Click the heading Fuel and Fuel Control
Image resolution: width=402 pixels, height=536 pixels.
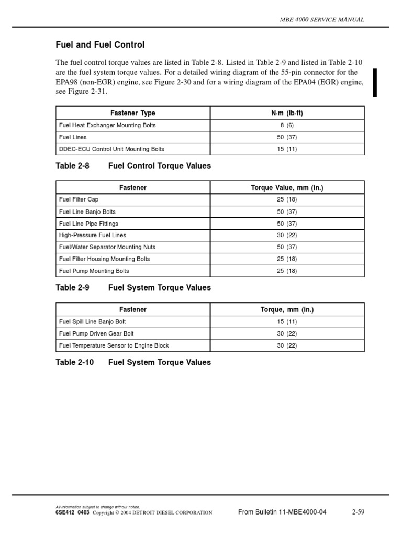pyautogui.click(x=100, y=45)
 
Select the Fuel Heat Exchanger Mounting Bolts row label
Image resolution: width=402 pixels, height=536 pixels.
pyautogui.click(x=107, y=126)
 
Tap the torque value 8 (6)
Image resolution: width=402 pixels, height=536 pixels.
pyautogui.click(x=287, y=126)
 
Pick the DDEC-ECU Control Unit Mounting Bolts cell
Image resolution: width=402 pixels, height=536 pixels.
pyautogui.click(x=111, y=149)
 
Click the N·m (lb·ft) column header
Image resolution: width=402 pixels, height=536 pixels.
pyautogui.click(x=287, y=113)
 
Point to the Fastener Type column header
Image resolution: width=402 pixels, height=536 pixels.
pyautogui.click(x=133, y=113)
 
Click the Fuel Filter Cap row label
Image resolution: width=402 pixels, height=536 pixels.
pyautogui.click(x=79, y=200)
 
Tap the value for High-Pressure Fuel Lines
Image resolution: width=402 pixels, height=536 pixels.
pyautogui.click(x=287, y=236)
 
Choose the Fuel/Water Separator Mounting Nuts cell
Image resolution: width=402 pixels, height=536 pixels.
pyautogui.click(x=107, y=247)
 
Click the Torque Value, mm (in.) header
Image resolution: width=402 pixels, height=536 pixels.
pyautogui.click(x=287, y=187)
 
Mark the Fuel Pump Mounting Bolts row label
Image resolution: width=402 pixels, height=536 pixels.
pyautogui.click(x=94, y=271)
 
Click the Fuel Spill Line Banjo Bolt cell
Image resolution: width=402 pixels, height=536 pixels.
pyautogui.click(x=93, y=322)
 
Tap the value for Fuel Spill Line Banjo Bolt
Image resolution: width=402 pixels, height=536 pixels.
pyautogui.click(x=287, y=322)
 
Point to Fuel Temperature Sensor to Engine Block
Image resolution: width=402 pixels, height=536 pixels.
pyautogui.click(x=114, y=345)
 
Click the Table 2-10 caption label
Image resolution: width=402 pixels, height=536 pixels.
pyautogui.click(x=75, y=362)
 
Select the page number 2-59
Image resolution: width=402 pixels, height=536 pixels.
pyautogui.click(x=358, y=512)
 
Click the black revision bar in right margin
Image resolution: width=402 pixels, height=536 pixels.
pyautogui.click(x=375, y=82)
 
